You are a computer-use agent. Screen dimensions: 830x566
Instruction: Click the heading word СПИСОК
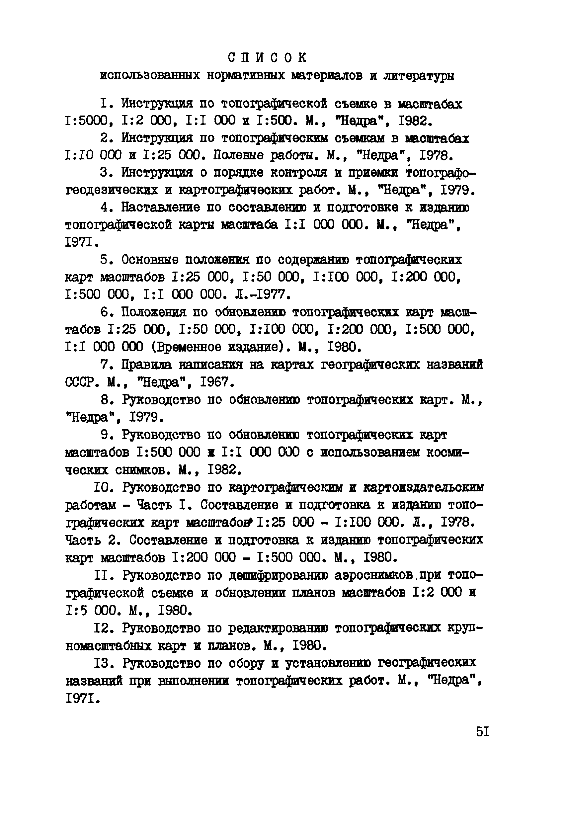[x=267, y=57]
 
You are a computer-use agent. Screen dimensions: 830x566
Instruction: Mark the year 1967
[x=213, y=382]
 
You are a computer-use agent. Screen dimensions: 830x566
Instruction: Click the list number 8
[x=104, y=400]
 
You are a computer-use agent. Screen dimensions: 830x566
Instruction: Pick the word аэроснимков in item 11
[x=374, y=575]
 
